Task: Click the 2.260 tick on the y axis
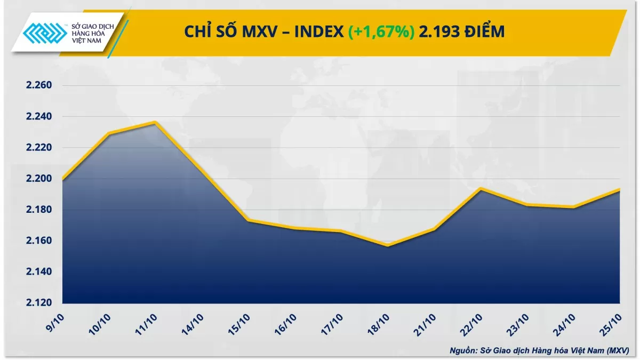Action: tap(37, 85)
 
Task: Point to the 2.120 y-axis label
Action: tap(37, 303)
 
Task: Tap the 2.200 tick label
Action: tap(37, 179)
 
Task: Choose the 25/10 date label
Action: tap(611, 324)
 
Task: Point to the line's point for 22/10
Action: tap(481, 188)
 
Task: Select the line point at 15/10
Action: tap(248, 220)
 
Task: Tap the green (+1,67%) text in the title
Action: tap(381, 33)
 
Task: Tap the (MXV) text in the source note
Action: tap(617, 350)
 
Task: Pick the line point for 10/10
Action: tap(109, 133)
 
